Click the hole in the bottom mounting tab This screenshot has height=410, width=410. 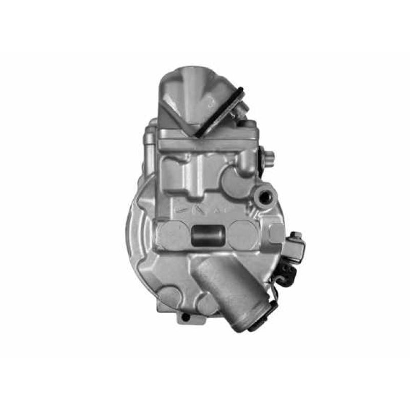pos(185,317)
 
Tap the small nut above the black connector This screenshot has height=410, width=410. pos(296,236)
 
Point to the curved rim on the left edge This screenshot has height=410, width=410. pos(132,241)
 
